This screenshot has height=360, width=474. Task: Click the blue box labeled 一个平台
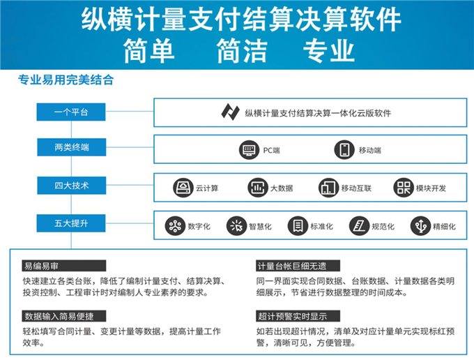click(x=71, y=112)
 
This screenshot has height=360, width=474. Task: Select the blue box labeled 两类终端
click(x=72, y=147)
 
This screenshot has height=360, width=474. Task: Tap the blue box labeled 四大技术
click(x=72, y=186)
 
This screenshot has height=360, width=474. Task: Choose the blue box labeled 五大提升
click(x=71, y=223)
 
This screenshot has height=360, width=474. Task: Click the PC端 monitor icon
click(x=249, y=150)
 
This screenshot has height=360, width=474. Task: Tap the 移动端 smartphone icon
click(x=344, y=150)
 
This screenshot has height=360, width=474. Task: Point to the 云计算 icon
click(x=183, y=188)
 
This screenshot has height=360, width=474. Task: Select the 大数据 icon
click(x=257, y=188)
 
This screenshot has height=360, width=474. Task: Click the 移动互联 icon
click(x=328, y=188)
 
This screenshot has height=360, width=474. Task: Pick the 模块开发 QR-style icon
click(x=404, y=188)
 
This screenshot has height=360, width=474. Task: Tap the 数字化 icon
click(x=175, y=226)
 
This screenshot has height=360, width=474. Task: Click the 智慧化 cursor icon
click(x=236, y=226)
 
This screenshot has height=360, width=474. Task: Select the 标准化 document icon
click(x=298, y=226)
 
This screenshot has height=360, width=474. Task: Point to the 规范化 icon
click(x=359, y=226)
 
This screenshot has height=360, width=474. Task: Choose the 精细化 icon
click(x=420, y=226)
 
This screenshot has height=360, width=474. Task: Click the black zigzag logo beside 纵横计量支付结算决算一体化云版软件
click(x=230, y=112)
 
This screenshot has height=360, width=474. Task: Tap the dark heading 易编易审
click(x=64, y=266)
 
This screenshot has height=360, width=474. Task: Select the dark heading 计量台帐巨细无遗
click(x=298, y=266)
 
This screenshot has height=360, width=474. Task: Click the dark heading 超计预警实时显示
click(x=298, y=316)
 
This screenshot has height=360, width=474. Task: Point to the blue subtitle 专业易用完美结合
click(x=66, y=80)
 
